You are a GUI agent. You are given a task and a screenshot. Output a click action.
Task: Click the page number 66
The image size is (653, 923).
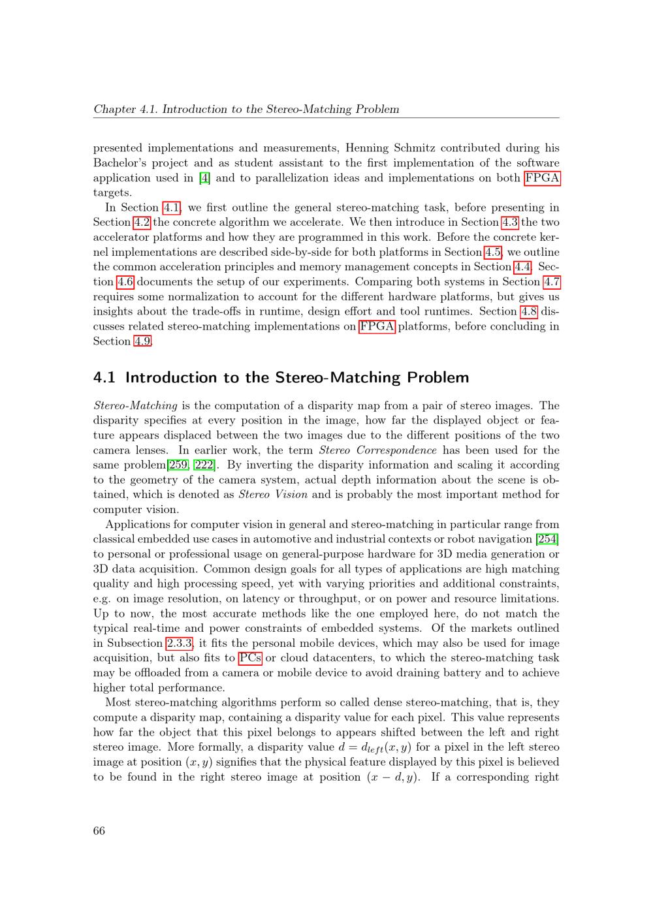tap(99, 830)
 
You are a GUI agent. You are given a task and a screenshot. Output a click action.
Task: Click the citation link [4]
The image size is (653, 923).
tap(204, 178)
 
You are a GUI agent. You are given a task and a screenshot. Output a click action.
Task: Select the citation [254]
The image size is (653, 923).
tap(547, 539)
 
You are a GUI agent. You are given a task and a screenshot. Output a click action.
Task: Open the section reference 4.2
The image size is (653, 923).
tap(142, 223)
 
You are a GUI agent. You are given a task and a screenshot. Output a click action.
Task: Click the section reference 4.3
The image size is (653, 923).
tap(509, 223)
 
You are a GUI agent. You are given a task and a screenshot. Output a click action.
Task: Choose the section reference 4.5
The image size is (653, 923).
tap(493, 253)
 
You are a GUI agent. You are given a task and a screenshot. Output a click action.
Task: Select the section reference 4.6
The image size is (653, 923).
tap(125, 282)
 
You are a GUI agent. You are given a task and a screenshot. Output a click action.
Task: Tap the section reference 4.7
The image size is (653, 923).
tap(552, 282)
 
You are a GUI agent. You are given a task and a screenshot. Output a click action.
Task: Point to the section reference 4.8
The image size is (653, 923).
tap(528, 312)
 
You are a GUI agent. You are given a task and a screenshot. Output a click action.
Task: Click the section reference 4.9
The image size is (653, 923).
tap(142, 341)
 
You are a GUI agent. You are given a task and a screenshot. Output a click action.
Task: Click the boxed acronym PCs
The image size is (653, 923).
tap(250, 658)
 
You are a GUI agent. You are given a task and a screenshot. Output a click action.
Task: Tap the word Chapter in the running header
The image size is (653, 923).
tap(114, 109)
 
